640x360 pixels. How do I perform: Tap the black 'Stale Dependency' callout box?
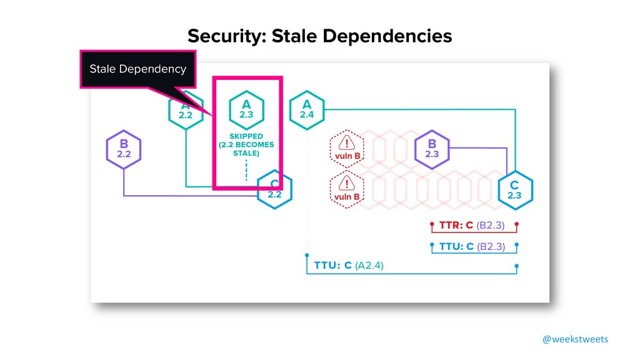[x=137, y=69]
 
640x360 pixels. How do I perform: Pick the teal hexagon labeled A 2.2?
[x=186, y=113]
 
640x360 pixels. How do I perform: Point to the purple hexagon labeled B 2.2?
[x=123, y=149]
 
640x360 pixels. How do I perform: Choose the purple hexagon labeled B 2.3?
[x=432, y=147]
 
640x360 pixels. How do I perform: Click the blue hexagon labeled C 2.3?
[x=514, y=189]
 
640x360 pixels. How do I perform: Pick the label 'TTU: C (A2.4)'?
[x=349, y=266]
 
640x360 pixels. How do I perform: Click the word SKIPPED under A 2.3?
[x=246, y=135]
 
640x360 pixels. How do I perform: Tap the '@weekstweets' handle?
[x=575, y=339]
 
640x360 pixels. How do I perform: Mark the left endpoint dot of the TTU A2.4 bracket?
[x=306, y=256]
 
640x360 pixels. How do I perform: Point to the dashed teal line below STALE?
[x=246, y=169]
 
